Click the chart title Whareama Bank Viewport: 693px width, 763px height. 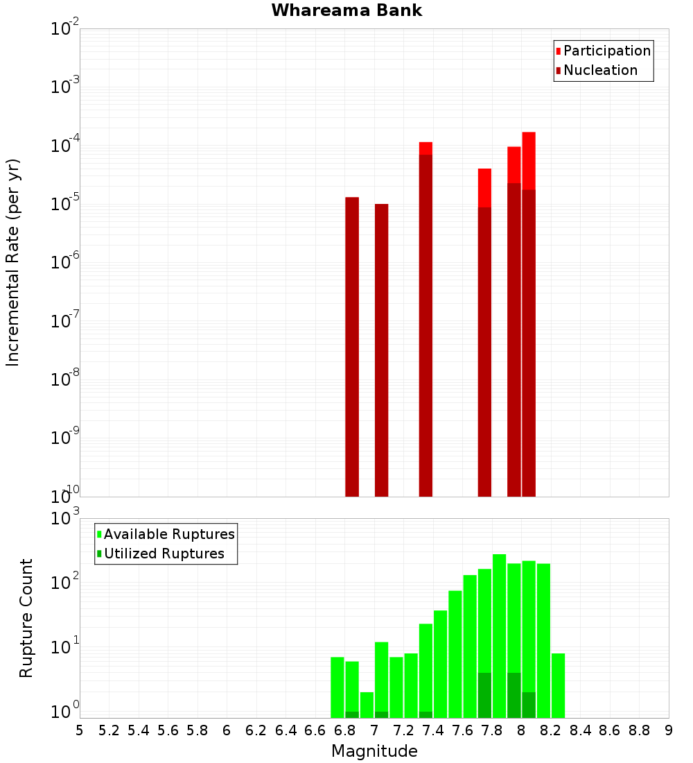pyautogui.click(x=346, y=10)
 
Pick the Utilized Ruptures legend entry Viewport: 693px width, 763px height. pyautogui.click(x=164, y=554)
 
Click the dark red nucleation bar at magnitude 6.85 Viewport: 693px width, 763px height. pyautogui.click(x=352, y=347)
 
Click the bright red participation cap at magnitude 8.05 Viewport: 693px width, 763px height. pyautogui.click(x=529, y=160)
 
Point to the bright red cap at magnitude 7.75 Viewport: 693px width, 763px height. pyautogui.click(x=484, y=187)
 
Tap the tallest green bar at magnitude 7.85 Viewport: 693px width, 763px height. pyautogui.click(x=499, y=624)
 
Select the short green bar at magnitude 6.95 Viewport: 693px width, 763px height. pyautogui.click(x=367, y=705)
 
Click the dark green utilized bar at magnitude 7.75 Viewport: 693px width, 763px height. pyautogui.click(x=484, y=696)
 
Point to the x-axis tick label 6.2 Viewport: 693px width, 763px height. pyautogui.click(x=256, y=730)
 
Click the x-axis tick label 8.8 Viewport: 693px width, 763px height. pyautogui.click(x=639, y=730)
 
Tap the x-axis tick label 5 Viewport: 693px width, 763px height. pyautogui.click(x=80, y=730)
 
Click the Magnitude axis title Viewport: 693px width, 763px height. pyautogui.click(x=374, y=751)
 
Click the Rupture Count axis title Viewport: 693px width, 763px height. pyautogui.click(x=26, y=617)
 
